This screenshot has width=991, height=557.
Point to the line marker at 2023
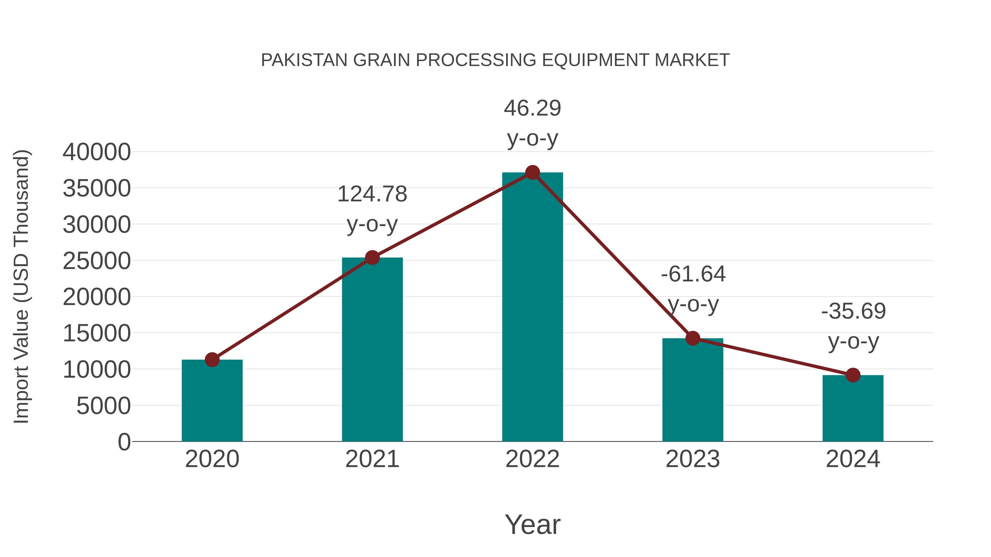tap(693, 338)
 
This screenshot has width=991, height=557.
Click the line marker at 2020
tap(212, 360)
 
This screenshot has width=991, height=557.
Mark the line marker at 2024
tap(853, 375)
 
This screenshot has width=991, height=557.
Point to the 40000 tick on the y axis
tap(97, 152)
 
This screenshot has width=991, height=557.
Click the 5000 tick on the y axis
tap(104, 406)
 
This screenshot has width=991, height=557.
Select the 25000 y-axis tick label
tap(97, 261)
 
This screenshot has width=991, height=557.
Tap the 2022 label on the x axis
tap(532, 459)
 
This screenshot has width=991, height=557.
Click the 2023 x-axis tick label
tap(693, 459)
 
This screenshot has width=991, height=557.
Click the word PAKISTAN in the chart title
tap(304, 60)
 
